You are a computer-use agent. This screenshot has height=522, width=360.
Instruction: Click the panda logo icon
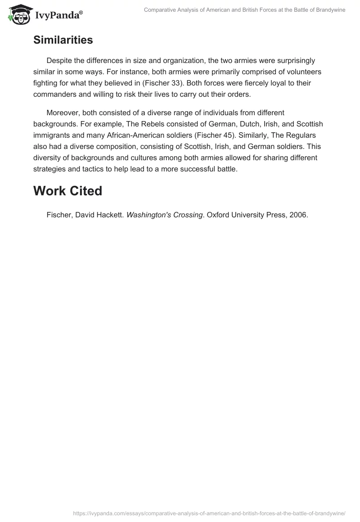[x=18, y=15]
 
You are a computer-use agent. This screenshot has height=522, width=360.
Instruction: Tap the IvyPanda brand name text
[x=58, y=16]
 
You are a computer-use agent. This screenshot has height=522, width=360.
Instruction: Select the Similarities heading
[x=63, y=40]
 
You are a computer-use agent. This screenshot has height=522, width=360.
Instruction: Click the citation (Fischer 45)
[x=214, y=135]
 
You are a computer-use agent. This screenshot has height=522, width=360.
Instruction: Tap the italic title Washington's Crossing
[x=164, y=215]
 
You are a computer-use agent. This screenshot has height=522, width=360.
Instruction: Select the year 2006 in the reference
[x=299, y=215]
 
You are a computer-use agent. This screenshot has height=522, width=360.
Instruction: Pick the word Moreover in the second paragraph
[x=63, y=112]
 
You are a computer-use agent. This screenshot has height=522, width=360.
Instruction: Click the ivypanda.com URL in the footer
[x=209, y=513]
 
